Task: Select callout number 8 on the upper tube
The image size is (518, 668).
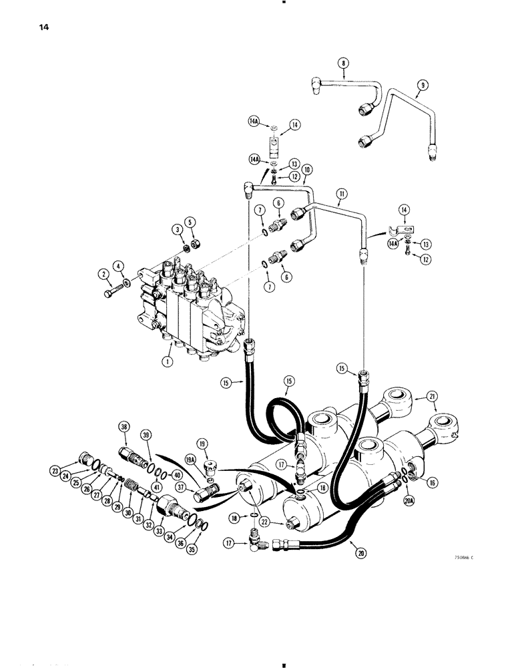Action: pos(343,64)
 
